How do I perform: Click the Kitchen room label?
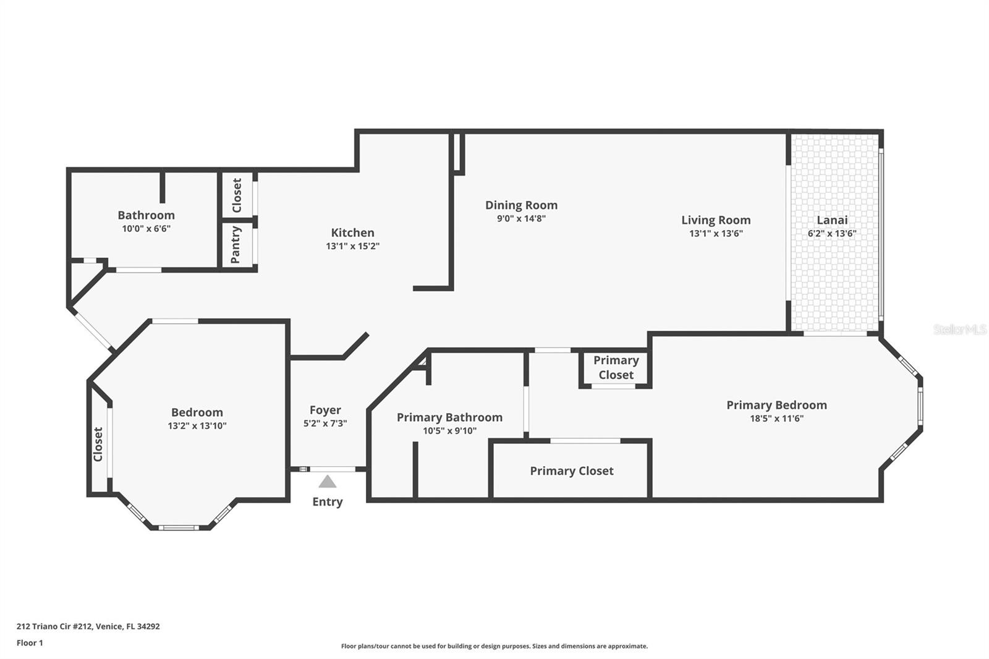coord(352,232)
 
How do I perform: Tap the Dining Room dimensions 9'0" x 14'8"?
coord(521,218)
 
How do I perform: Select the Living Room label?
coord(716,220)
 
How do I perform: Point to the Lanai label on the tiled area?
coord(832,220)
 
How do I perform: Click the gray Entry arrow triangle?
coord(327,482)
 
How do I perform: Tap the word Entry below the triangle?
coord(327,501)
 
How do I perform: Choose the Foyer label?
coord(325,410)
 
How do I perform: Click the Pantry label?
coord(236,245)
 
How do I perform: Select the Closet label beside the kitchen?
coord(237,195)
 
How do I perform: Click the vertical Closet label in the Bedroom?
coord(98,444)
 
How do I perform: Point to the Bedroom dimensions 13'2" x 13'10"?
coord(197,426)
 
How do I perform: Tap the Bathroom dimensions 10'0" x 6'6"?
coord(146,229)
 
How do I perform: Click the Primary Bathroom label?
coord(449,417)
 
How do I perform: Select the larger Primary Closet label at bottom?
coord(572,471)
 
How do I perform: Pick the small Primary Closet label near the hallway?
coord(616,367)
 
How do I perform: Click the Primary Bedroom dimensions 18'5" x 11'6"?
coord(776,419)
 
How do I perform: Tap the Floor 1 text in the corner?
coord(30,643)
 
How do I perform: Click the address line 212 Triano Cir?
coord(88,626)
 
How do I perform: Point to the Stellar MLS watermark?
coord(960,329)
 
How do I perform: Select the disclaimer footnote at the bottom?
coord(494,646)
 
